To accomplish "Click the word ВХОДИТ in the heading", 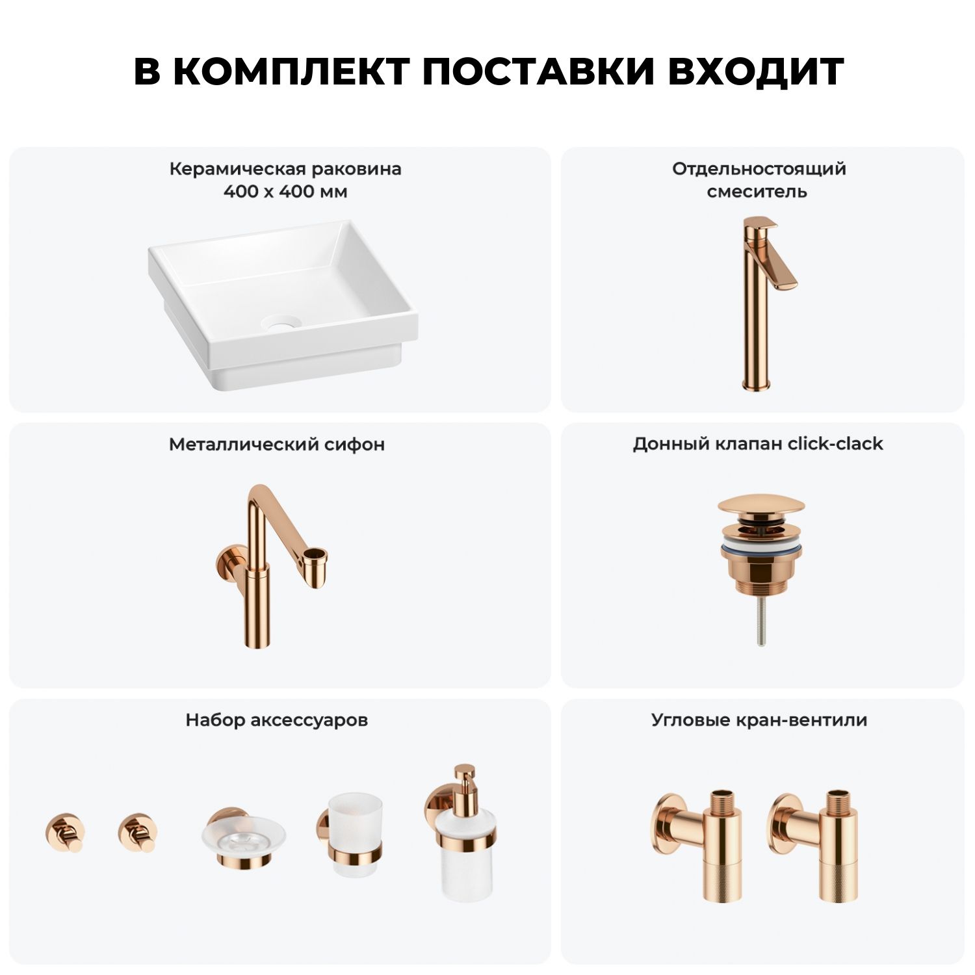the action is (x=756, y=71).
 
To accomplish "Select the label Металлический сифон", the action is (x=277, y=445).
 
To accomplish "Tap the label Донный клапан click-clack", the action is (x=758, y=444).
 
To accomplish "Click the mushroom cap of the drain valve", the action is (x=761, y=507).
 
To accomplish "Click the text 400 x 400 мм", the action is (x=285, y=192).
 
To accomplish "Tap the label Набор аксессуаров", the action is (x=277, y=720).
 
